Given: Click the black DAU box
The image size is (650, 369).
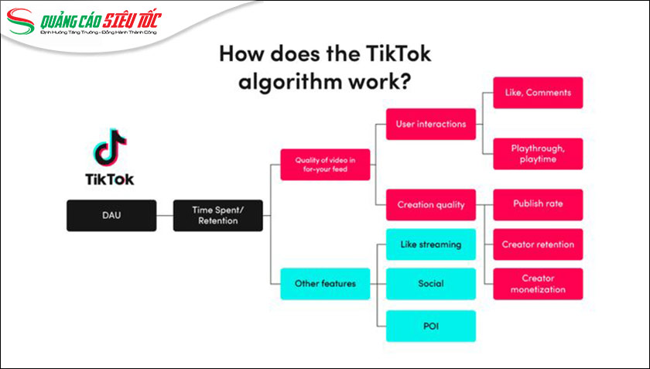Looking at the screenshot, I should click(x=111, y=215).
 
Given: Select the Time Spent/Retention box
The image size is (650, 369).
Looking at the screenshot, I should click(x=217, y=215).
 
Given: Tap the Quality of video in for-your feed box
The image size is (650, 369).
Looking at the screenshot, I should click(x=325, y=165).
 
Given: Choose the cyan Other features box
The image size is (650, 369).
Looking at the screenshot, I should click(x=325, y=283).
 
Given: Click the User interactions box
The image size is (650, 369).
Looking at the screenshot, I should click(x=430, y=124).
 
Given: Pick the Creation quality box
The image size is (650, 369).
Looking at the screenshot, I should click(x=430, y=205).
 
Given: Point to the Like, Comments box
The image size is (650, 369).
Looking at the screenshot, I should click(x=538, y=93).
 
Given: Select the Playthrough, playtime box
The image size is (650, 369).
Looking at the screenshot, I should click(x=538, y=154).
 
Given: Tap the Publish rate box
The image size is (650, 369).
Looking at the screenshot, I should click(x=538, y=204).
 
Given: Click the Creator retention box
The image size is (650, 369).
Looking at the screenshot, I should click(x=538, y=244).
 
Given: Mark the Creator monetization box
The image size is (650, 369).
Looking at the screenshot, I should click(x=538, y=284).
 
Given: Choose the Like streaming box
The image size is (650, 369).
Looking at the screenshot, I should click(x=430, y=244).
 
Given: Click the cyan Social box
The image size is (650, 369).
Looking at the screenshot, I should click(x=430, y=284).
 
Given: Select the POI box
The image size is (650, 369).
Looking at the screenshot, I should click(x=430, y=326).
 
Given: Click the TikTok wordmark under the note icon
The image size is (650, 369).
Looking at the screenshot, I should click(x=109, y=179).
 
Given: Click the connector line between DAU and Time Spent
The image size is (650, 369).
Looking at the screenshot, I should click(x=163, y=215).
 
